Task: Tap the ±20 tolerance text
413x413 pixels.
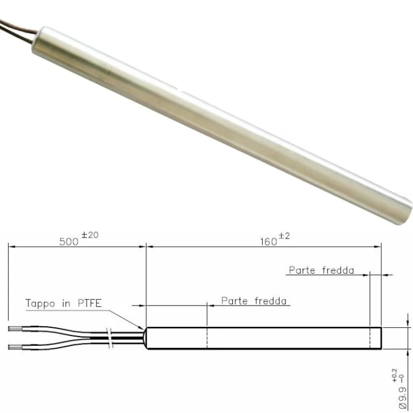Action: (90, 235)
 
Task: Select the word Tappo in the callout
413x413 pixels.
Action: (40, 304)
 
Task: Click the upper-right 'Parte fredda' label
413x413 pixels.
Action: (321, 270)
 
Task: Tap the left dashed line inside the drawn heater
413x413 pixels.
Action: (207, 338)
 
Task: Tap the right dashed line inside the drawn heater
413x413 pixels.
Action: (370, 338)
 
